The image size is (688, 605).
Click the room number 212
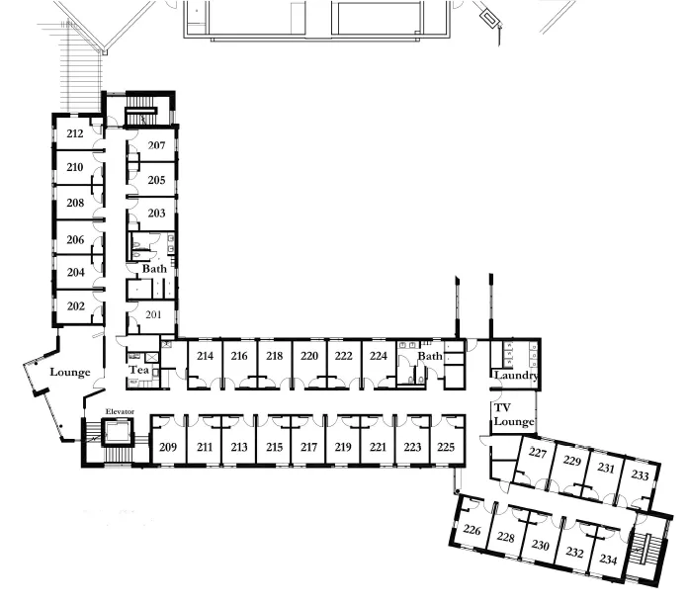coord(75,133)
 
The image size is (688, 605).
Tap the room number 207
coord(156,145)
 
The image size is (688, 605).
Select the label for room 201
coord(153,314)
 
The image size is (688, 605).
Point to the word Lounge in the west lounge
coord(70,372)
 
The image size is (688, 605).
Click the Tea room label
coord(139,370)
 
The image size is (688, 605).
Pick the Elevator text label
coord(120,411)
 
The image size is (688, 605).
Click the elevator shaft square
coord(118,432)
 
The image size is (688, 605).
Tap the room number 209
coord(168,447)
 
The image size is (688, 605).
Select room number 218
coord(274,356)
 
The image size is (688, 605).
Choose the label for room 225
coord(446,447)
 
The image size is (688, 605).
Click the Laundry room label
coord(516,375)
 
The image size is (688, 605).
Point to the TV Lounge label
coord(514,414)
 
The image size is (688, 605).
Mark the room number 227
coord(538,453)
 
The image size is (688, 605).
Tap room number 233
coord(640,475)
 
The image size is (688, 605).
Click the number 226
coord(473,530)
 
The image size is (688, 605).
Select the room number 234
coord(608,560)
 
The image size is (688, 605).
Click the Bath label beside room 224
coord(430,356)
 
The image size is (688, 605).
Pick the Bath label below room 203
coord(154,269)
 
